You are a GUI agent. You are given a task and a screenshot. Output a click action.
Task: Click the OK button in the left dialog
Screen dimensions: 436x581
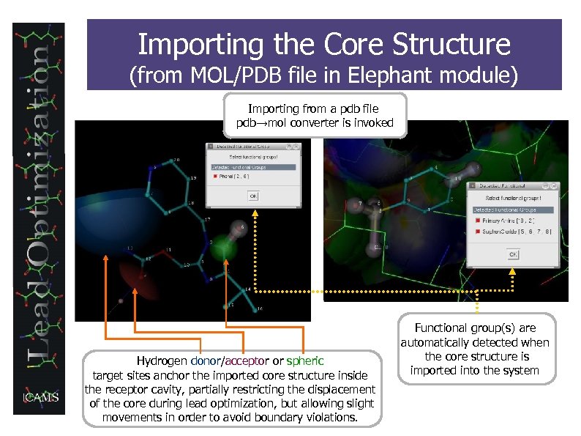pos(252,196)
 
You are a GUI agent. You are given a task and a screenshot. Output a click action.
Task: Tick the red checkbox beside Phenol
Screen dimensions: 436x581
pos(215,177)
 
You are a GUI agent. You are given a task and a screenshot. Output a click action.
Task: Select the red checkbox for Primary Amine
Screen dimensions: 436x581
pos(478,220)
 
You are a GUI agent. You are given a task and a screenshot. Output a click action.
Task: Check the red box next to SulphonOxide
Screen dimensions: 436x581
pos(478,232)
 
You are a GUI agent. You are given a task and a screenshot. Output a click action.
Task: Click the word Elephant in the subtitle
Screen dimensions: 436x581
pos(391,75)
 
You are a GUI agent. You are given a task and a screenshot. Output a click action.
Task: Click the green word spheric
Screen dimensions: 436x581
pos(304,361)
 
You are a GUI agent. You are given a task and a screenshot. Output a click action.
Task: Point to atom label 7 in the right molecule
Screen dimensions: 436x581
pos(359,203)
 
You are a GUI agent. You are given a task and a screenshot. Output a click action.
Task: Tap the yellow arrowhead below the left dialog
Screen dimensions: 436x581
pos(255,213)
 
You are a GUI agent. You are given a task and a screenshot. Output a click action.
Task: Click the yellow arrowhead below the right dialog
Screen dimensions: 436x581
pos(512,272)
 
